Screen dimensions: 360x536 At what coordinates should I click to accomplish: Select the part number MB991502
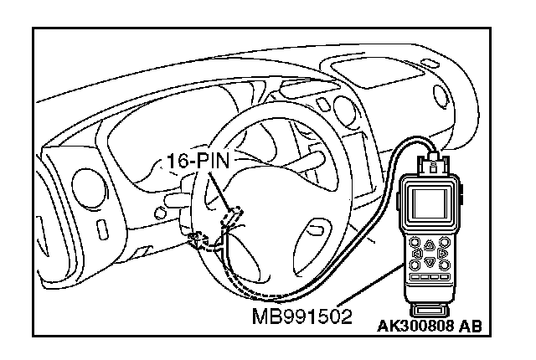pyautogui.click(x=301, y=317)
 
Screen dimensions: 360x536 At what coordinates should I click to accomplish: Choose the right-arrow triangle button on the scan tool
pyautogui.click(x=442, y=253)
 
